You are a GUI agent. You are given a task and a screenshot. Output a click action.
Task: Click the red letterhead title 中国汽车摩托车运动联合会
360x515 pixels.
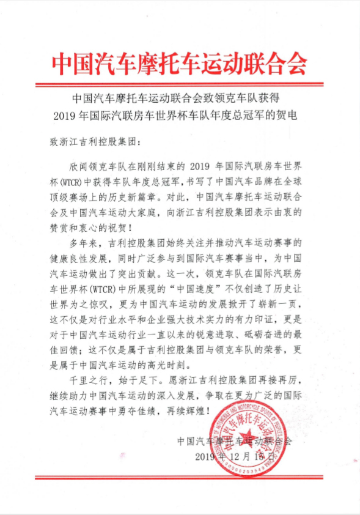tap(179, 61)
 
